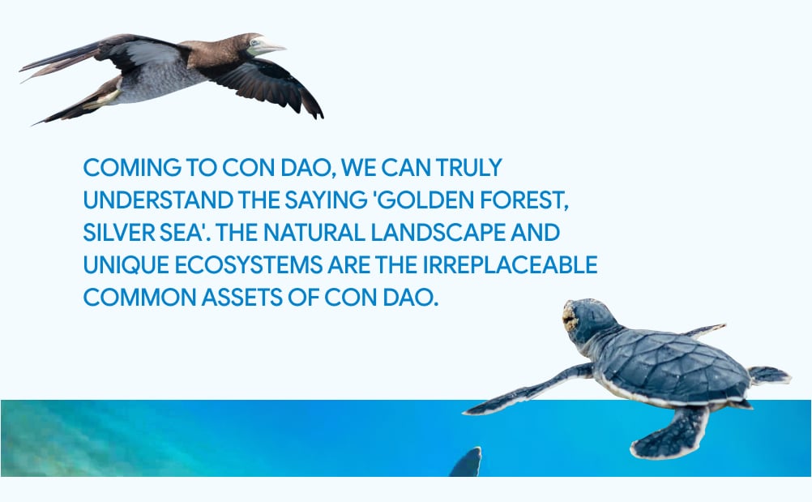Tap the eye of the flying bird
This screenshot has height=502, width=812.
(x=254, y=42)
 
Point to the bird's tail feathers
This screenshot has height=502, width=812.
(x=57, y=58)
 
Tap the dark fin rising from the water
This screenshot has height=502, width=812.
(x=466, y=462)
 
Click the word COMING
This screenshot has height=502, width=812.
(x=132, y=168)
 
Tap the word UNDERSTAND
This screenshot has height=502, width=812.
(x=159, y=200)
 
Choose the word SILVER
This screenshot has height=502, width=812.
(x=118, y=233)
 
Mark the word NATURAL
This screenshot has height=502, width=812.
(x=314, y=233)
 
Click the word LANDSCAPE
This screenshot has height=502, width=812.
(x=438, y=233)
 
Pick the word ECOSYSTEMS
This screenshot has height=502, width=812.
(x=249, y=265)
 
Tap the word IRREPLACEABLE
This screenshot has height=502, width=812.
(x=510, y=265)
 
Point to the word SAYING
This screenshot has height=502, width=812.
(x=326, y=200)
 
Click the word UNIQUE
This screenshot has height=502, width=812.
(x=126, y=265)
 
